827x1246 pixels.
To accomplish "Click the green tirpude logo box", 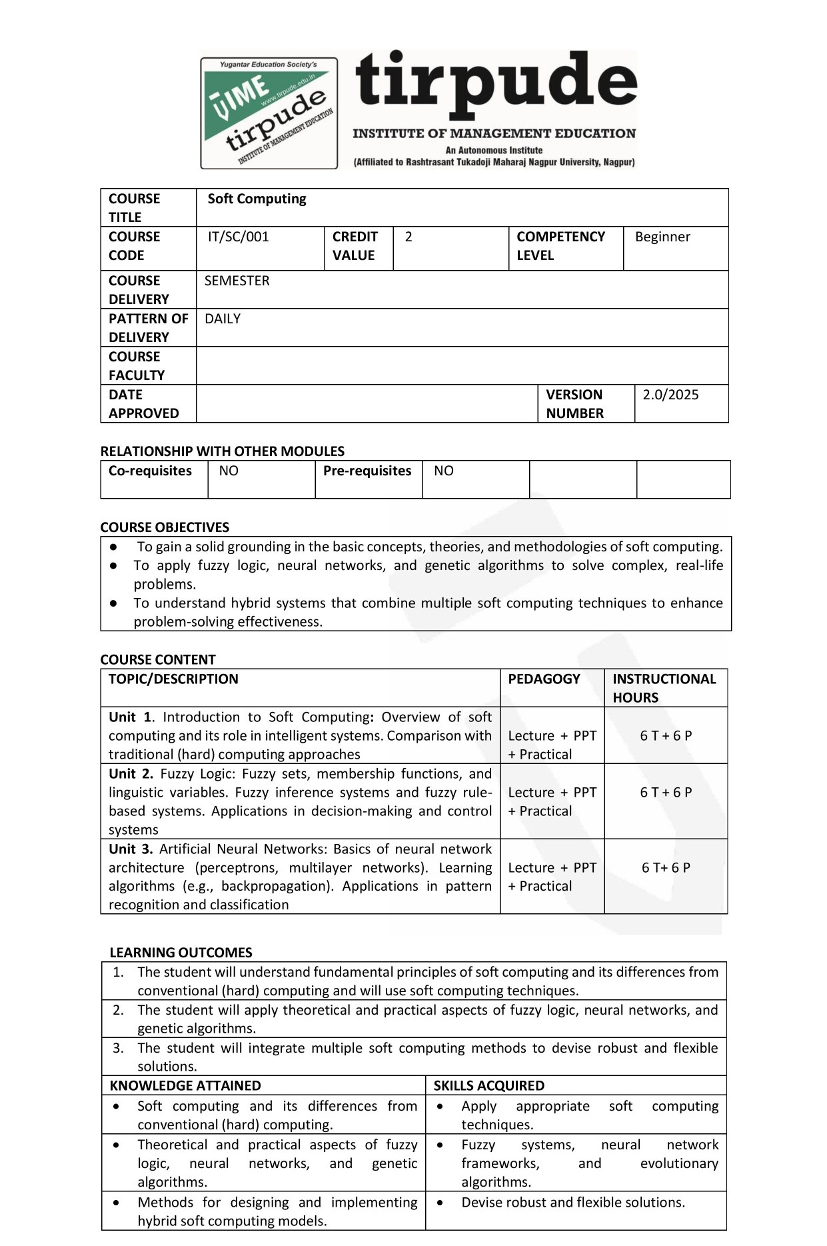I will (x=269, y=113).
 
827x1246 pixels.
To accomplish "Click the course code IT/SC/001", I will (x=238, y=237).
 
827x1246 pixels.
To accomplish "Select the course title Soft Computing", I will (x=257, y=199).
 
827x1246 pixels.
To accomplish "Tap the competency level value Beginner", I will (x=662, y=237).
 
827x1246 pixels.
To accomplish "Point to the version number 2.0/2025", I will (x=670, y=395).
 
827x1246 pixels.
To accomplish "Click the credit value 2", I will (x=409, y=237).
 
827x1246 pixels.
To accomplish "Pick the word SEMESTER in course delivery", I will (x=237, y=281).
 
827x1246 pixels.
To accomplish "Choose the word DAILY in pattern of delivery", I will (x=222, y=319).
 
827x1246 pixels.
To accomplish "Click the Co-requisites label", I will (x=150, y=471).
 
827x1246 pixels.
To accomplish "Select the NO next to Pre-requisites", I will (x=443, y=471).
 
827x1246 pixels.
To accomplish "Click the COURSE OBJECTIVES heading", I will (x=165, y=527).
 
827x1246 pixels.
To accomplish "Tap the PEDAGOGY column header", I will (x=544, y=679).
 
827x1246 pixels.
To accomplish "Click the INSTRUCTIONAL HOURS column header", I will (x=664, y=688).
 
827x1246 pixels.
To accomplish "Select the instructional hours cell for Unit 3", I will (x=666, y=868).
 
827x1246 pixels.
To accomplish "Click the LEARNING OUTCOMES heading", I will (x=181, y=953).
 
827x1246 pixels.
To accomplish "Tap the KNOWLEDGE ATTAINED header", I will (x=185, y=1085).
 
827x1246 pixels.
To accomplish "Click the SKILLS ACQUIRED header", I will (x=488, y=1085).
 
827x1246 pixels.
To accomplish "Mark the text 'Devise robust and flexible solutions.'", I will (x=572, y=1202).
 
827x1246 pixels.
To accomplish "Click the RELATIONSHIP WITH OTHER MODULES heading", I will (x=222, y=451).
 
